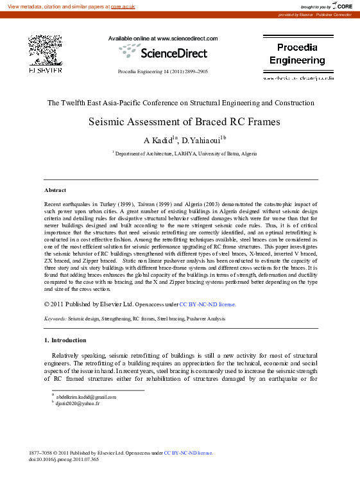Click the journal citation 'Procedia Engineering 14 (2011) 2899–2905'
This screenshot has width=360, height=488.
point(163,71)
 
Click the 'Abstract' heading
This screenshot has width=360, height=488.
point(55,191)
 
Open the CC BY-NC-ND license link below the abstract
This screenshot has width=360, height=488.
point(207,304)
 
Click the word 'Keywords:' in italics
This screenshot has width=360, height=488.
point(55,318)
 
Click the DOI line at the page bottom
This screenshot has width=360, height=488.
point(64,459)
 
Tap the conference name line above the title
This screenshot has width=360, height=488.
point(181,103)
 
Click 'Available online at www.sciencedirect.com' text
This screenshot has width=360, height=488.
point(163,39)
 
